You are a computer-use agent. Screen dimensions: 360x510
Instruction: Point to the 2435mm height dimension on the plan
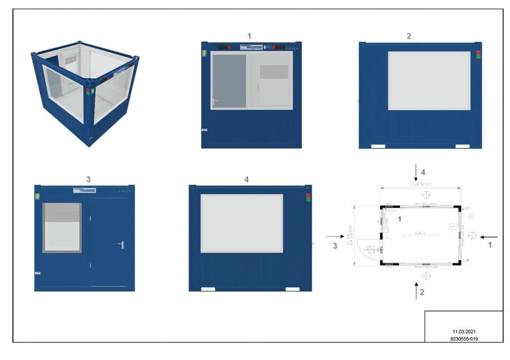pyautogui.click(x=350, y=234)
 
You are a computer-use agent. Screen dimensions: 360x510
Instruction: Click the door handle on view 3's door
pyautogui.click(x=121, y=244)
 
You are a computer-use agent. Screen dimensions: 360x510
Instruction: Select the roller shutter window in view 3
pyautogui.click(x=62, y=228)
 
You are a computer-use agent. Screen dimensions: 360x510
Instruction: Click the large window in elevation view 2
pyautogui.click(x=429, y=81)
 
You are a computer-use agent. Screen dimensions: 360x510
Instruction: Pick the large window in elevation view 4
pyautogui.click(x=242, y=224)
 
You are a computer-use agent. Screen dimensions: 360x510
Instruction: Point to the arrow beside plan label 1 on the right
pyautogui.click(x=489, y=238)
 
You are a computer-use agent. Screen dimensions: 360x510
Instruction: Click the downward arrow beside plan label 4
pyautogui.click(x=416, y=172)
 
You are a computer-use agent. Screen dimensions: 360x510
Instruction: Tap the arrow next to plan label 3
pyautogui.click(x=333, y=238)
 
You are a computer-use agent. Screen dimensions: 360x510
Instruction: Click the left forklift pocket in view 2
pyautogui.click(x=378, y=146)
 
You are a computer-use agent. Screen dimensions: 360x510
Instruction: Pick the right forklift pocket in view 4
pyautogui.click(x=292, y=289)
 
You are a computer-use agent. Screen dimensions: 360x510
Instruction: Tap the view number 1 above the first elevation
pyautogui.click(x=250, y=35)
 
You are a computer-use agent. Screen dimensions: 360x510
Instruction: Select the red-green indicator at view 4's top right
pyautogui.click(x=308, y=198)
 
